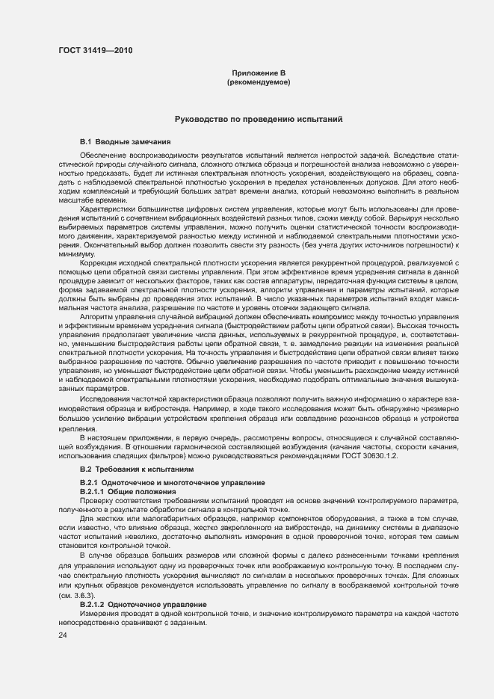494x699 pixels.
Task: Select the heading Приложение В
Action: [x=259, y=73]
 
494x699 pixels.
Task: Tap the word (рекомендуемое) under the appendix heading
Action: [x=259, y=81]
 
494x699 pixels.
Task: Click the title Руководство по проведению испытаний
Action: [x=259, y=119]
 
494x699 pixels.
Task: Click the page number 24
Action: [x=63, y=635]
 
